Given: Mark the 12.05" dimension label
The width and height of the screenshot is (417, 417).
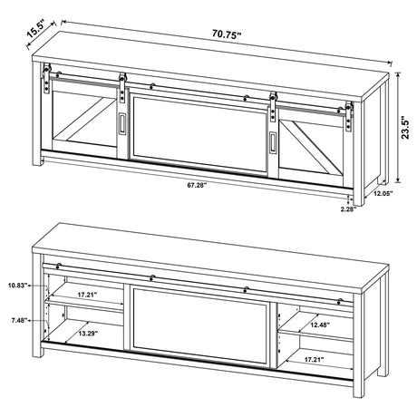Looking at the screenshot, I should click(x=382, y=194).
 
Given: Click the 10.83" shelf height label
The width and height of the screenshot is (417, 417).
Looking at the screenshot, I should click(x=16, y=285).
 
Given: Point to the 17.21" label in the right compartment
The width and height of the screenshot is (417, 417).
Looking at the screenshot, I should click(x=314, y=361).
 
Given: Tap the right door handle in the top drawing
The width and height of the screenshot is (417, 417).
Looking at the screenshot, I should click(x=271, y=141).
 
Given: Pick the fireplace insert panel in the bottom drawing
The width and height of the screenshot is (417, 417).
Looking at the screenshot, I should click(x=199, y=328).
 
